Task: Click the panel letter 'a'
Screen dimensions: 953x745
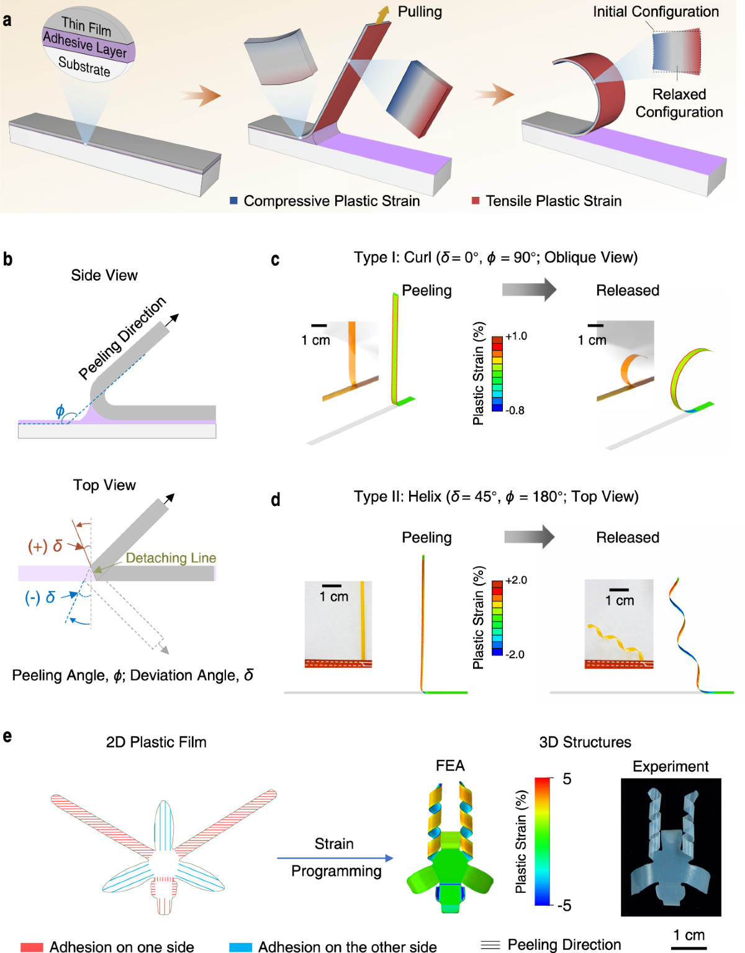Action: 7,20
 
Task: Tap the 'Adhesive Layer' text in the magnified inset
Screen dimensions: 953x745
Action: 85,45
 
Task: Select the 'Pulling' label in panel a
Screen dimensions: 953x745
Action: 420,12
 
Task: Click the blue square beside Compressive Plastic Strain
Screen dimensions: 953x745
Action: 234,201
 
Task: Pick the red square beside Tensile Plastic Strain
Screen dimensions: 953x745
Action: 476,201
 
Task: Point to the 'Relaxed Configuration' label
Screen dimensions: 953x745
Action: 679,103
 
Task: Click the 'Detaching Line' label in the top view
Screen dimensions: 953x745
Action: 171,558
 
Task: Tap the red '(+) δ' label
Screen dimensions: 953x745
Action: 45,546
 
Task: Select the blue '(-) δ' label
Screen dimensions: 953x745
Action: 40,597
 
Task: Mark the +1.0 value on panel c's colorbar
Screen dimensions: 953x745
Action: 516,336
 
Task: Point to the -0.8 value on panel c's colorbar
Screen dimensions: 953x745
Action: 515,410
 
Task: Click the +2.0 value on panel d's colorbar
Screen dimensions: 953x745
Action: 516,580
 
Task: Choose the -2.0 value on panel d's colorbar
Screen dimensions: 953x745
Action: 515,654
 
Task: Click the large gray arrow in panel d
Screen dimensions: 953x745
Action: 529,536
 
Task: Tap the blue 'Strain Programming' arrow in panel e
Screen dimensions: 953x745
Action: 335,858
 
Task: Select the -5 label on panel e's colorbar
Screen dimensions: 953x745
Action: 564,905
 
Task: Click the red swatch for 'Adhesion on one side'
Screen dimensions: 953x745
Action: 32,947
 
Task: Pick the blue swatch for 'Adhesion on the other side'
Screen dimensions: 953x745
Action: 240,947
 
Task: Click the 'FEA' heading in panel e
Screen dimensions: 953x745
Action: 450,766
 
